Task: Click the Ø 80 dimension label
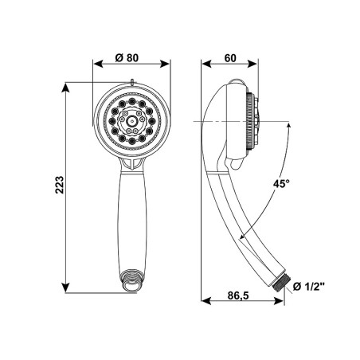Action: click(x=127, y=57)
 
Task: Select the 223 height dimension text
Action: click(x=60, y=185)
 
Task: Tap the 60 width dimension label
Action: click(x=230, y=58)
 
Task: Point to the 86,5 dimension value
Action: click(x=238, y=295)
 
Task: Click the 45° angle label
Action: click(x=281, y=183)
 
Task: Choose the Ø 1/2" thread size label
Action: click(x=309, y=286)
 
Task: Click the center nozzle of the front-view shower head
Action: click(x=131, y=121)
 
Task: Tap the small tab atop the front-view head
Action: click(x=132, y=82)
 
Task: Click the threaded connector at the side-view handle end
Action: click(x=281, y=284)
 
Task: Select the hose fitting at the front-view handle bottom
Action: click(x=131, y=281)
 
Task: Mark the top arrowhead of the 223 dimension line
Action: click(x=65, y=88)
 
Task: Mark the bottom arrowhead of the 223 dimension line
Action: click(x=65, y=288)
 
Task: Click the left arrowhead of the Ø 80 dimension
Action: click(x=97, y=64)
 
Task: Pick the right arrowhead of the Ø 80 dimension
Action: click(x=165, y=64)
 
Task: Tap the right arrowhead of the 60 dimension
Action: click(x=252, y=64)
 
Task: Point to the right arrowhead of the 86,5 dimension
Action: click(x=279, y=301)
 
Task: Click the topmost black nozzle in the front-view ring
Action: click(x=131, y=101)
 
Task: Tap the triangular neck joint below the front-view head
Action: click(x=132, y=163)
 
